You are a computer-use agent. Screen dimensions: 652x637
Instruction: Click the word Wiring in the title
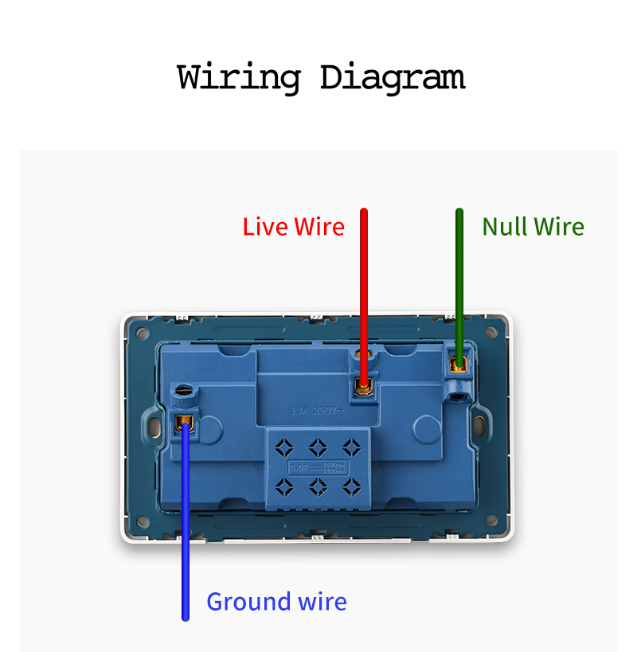pyautogui.click(x=238, y=78)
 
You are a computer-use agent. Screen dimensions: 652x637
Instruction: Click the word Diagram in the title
pyautogui.click(x=392, y=78)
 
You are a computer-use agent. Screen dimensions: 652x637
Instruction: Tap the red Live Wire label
pyautogui.click(x=293, y=227)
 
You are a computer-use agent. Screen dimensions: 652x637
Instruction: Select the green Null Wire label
pyautogui.click(x=533, y=227)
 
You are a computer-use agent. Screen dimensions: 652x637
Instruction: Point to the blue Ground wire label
pyautogui.click(x=276, y=601)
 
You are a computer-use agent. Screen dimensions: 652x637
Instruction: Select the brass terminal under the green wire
pyautogui.click(x=459, y=365)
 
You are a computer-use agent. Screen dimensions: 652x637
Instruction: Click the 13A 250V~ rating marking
pyautogui.click(x=317, y=412)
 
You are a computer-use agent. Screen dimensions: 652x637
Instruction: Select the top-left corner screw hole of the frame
pyautogui.click(x=142, y=331)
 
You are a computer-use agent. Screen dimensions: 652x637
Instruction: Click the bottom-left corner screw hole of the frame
pyautogui.click(x=143, y=521)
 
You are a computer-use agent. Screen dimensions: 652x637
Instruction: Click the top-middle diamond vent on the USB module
pyautogui.click(x=318, y=445)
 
